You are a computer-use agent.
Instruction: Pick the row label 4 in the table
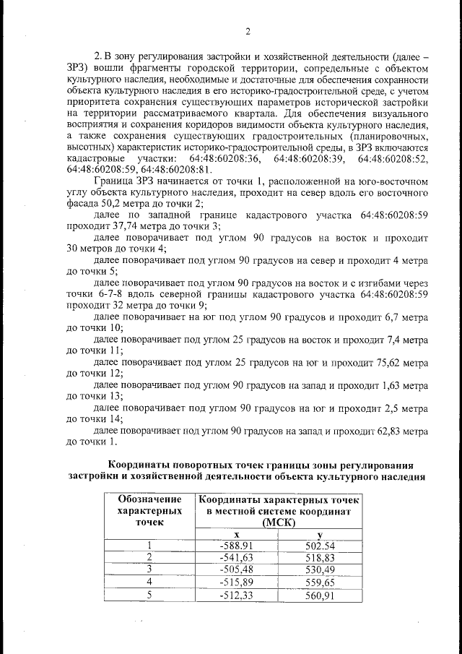[x=149, y=582]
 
